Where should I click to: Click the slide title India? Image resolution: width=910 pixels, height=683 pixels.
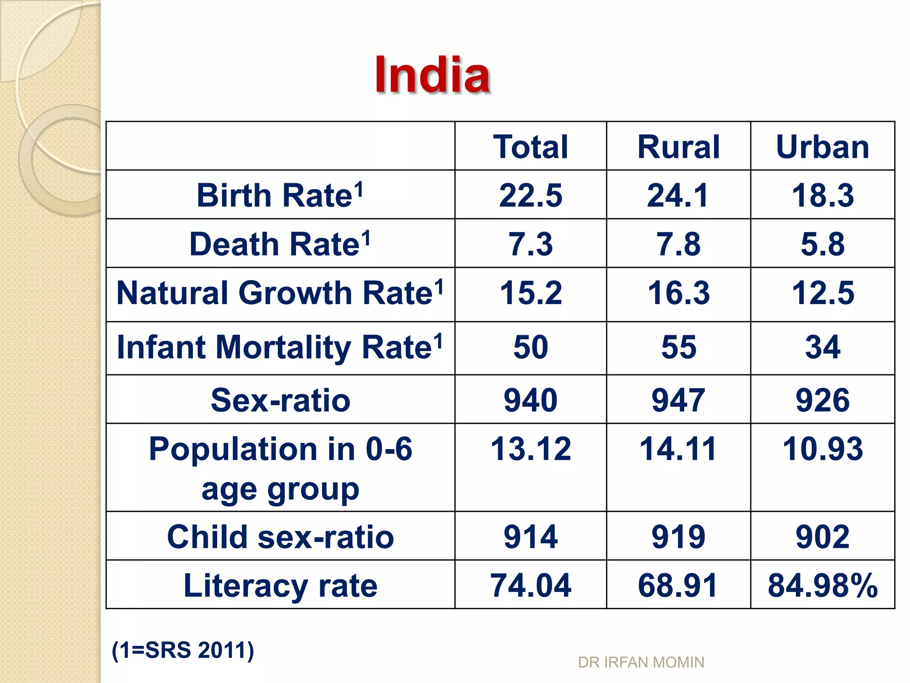432,75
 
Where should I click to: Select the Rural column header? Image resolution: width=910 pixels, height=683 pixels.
679,147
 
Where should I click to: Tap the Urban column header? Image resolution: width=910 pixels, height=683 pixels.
822,147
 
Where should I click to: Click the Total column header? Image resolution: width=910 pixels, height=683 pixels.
531,147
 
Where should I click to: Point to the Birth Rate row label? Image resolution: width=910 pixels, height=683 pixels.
279,195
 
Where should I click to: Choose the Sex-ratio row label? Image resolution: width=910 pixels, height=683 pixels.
280,400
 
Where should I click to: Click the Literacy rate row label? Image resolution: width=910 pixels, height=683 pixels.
280,585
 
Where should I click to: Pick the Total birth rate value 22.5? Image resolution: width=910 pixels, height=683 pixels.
531,195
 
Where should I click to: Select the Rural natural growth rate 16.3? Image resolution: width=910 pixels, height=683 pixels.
679,293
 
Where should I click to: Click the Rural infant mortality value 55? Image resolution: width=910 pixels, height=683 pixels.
679,347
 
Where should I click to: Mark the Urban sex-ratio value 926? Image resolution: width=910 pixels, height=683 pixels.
822,400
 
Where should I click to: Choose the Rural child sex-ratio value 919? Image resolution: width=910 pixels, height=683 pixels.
679,537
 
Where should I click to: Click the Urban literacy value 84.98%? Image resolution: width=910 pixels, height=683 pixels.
822,585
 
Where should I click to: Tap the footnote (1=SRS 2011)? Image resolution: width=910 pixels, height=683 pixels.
183,650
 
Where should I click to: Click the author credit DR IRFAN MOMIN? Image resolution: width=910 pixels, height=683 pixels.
641,663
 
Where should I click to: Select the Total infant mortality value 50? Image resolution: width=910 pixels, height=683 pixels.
531,347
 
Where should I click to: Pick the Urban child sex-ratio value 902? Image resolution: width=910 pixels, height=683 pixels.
822,537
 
